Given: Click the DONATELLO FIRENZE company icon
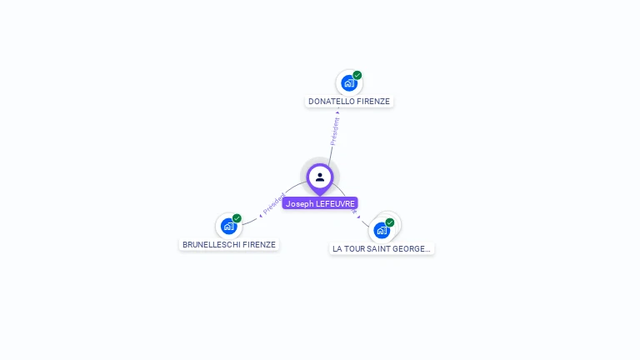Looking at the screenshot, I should pos(349,82).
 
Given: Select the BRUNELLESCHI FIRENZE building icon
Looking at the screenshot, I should pos(228,226).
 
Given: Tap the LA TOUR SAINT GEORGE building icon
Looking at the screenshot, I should pos(382,230).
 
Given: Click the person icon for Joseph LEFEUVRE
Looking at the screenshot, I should pos(319,177).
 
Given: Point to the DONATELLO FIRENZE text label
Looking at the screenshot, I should pos(349,102).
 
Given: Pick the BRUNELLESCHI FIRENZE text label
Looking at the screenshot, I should pos(229,245).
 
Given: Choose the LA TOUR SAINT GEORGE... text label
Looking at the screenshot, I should pos(382,248).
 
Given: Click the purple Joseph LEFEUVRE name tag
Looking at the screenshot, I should pos(320,203).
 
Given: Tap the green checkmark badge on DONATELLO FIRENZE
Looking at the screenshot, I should pos(357,75).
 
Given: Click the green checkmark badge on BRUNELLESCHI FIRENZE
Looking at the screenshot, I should pos(237,218).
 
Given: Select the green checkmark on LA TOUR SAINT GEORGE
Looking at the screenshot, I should pos(389,222).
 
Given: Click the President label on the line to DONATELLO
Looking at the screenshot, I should pos(335,131).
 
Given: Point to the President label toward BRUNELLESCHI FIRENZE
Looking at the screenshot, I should pos(274,204).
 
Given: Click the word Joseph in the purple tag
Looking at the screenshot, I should pos(299,203).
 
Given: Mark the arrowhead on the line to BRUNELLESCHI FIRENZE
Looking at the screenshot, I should pos(261,214).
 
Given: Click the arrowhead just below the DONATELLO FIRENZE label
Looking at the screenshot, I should pos(337,112).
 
